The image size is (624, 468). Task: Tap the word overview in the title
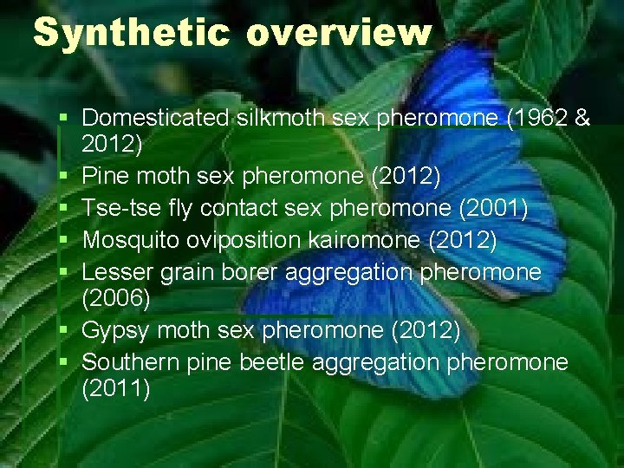pos(339,34)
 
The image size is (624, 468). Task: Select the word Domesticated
pos(156,118)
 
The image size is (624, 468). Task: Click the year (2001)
pos(492,209)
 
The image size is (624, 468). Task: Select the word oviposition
pos(264,240)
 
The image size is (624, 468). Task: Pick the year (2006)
pos(115,300)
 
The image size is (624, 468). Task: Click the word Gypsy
pos(115,331)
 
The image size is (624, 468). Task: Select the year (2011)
pos(115,390)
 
